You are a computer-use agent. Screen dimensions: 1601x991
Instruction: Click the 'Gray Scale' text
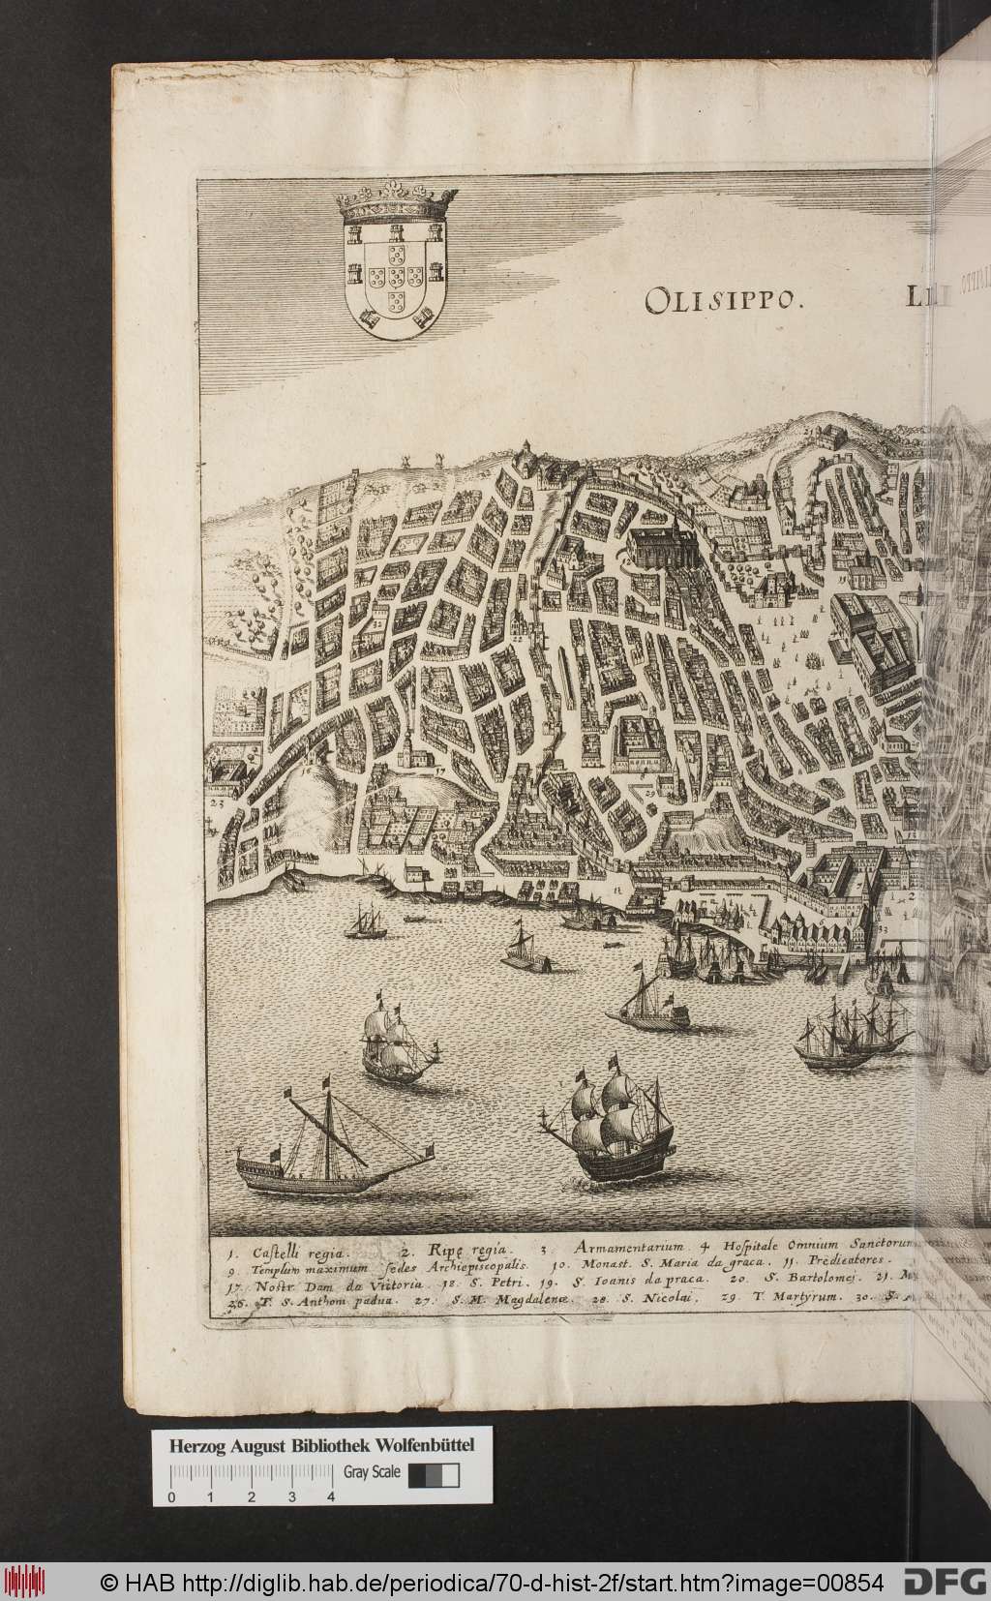coord(373,1391)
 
